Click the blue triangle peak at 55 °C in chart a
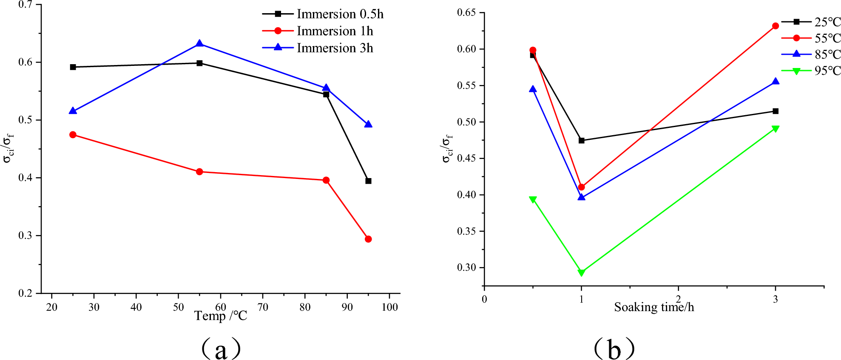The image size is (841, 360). click(199, 43)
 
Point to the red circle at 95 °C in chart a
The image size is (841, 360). click(368, 239)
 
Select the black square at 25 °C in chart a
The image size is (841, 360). click(73, 67)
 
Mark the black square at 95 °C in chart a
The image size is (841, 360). click(368, 181)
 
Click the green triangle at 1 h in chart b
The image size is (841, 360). click(581, 273)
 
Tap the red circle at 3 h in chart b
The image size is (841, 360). click(775, 26)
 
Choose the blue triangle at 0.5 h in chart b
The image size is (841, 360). click(533, 89)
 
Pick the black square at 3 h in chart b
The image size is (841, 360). click(775, 111)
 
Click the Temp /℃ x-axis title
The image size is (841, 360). click(220, 316)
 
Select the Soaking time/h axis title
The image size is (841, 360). click(653, 307)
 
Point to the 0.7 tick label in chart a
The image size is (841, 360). click(25, 5)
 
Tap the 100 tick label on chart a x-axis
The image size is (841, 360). click(389, 307)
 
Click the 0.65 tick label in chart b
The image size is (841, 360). click(466, 12)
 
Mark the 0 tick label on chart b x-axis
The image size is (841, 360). click(484, 299)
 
